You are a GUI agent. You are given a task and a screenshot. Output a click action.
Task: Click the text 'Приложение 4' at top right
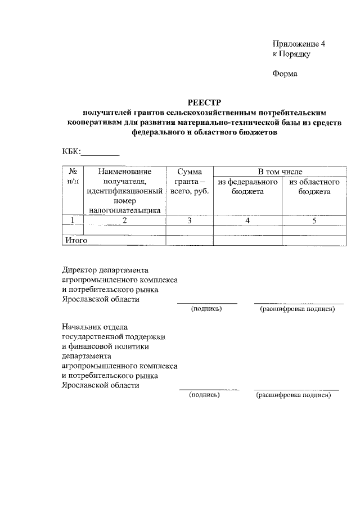(299, 44)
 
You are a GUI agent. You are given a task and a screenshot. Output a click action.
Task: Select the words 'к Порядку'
(291, 55)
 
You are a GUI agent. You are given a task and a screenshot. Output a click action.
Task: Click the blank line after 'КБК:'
(101, 151)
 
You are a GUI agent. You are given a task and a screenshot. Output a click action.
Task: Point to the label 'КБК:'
(71, 151)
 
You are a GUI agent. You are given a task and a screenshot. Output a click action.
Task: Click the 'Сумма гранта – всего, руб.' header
(190, 181)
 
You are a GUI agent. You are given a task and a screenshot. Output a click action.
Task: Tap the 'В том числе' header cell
(280, 172)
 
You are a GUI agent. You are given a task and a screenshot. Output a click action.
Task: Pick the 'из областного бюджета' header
(314, 187)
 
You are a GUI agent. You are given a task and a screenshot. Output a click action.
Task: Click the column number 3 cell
(190, 220)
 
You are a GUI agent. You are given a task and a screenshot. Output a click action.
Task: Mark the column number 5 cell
(314, 220)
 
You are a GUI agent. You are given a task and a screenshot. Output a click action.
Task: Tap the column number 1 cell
(73, 220)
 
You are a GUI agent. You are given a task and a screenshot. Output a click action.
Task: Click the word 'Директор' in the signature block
(79, 270)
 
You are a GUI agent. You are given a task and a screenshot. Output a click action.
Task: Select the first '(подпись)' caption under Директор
(206, 309)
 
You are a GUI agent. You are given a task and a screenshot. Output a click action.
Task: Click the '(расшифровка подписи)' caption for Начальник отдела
(294, 395)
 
